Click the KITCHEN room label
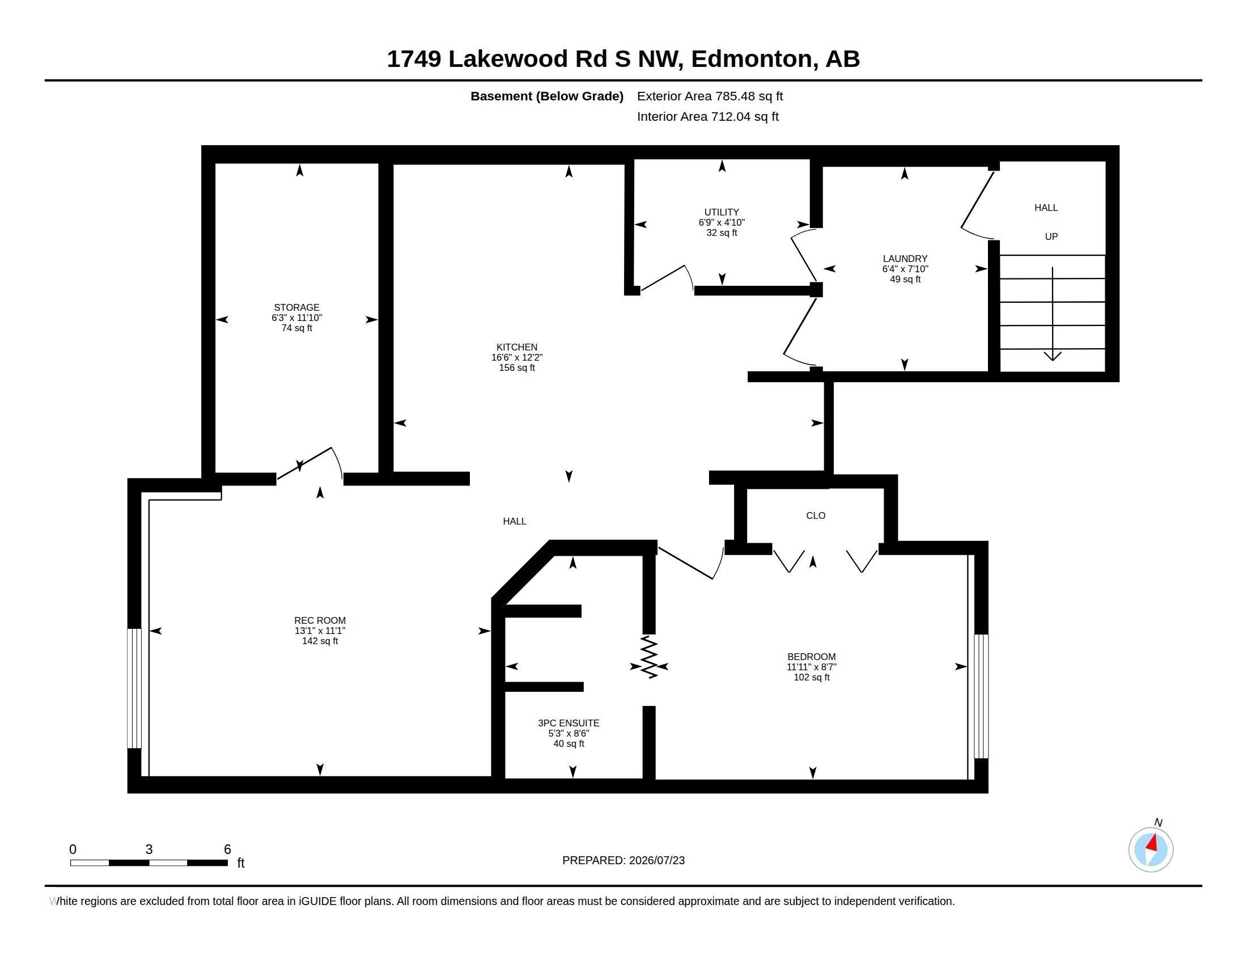pos(517,347)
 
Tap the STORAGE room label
pos(296,307)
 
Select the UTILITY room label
pos(722,212)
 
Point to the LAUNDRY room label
pos(905,259)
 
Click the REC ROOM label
pos(320,620)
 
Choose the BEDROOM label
pos(811,657)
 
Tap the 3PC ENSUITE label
pos(569,723)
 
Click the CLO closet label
pos(816,515)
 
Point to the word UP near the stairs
pos(1051,236)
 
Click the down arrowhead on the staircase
pos(1053,356)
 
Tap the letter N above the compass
pos(1158,822)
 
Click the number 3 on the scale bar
pos(149,849)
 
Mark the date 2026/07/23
pos(656,860)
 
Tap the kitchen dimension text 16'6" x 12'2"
pos(517,357)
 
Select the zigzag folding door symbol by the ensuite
pos(649,657)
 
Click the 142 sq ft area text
pos(320,641)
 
